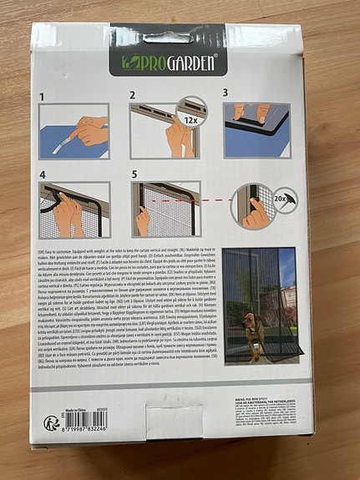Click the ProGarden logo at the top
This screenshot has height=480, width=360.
click(167, 62)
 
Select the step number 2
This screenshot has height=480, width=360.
click(134, 96)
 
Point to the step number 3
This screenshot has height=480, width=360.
click(226, 93)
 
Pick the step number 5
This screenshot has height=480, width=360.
click(134, 174)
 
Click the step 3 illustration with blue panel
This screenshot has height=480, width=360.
click(257, 129)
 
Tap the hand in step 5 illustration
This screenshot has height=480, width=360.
click(145, 220)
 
